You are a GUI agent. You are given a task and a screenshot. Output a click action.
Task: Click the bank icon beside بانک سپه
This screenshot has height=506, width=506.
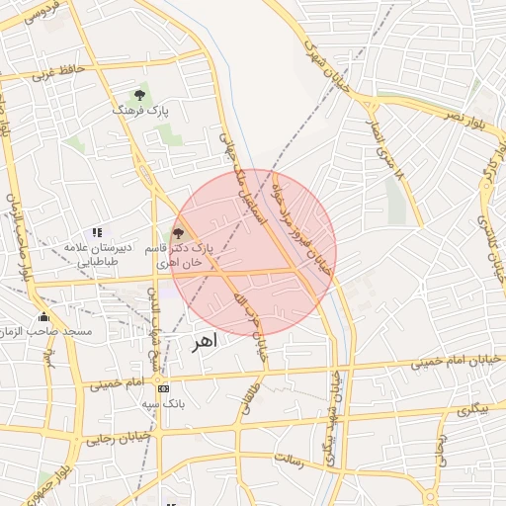point(162,388)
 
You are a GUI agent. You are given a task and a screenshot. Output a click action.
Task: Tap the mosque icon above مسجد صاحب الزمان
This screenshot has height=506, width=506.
point(43,316)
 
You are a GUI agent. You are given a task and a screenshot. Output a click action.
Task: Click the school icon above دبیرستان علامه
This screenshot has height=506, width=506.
point(97,231)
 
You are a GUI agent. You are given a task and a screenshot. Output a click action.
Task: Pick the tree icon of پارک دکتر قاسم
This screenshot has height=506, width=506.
point(178,234)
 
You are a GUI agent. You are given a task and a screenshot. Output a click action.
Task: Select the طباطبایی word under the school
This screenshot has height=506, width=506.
point(99,262)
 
